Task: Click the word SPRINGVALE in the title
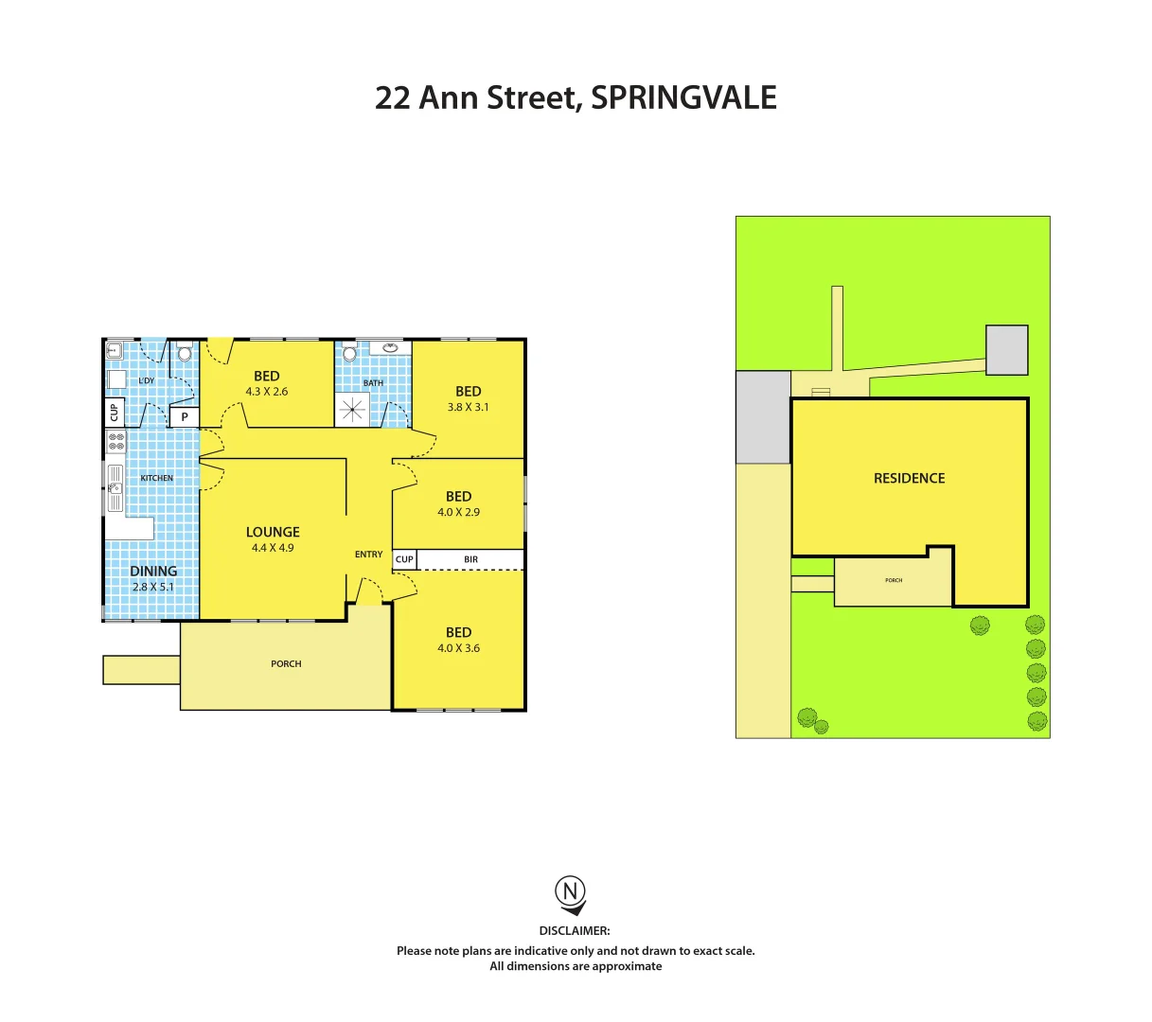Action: coord(683,97)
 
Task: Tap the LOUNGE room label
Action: coord(273,532)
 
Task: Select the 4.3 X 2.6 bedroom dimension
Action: coord(267,392)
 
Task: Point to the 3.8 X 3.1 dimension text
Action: coord(468,407)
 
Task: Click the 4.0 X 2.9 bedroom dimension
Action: coord(458,512)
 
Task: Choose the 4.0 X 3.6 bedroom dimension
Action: coord(458,648)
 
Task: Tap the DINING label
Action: coord(153,571)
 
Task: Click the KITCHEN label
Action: coord(156,478)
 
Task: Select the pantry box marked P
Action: coord(185,416)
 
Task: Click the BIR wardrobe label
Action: coord(470,559)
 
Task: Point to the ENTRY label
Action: coord(368,555)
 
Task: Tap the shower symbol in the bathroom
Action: coord(352,409)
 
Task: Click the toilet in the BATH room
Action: coord(350,353)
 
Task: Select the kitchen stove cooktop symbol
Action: coord(115,441)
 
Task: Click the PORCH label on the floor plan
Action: coord(286,663)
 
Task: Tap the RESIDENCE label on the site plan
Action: coord(909,478)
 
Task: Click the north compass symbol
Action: coord(570,892)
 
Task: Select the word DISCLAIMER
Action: coord(575,931)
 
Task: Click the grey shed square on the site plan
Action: coord(1006,349)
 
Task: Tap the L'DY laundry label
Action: coord(147,380)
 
